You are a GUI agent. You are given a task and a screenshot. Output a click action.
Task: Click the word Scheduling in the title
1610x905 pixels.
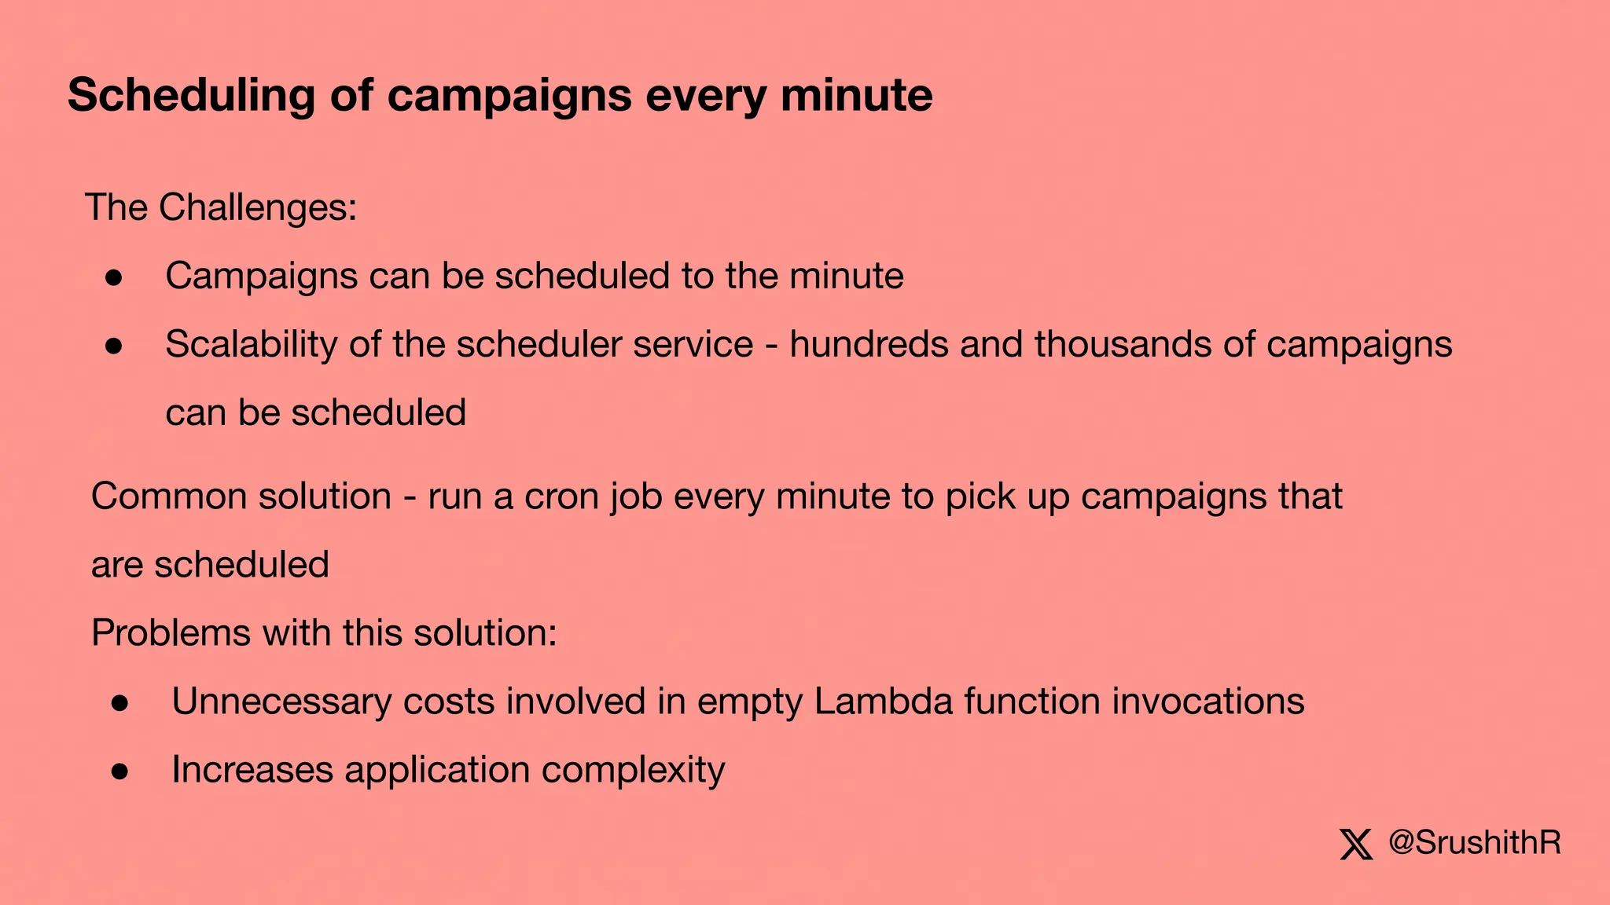pos(191,96)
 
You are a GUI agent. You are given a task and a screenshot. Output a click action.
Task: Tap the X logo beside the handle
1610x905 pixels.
pos(1356,845)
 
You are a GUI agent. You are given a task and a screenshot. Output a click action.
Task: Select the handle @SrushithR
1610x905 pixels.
pos(1475,843)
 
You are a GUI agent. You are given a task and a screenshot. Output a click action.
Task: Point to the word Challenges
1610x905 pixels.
pos(258,208)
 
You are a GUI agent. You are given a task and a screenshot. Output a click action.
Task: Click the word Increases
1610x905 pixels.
pos(252,770)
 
